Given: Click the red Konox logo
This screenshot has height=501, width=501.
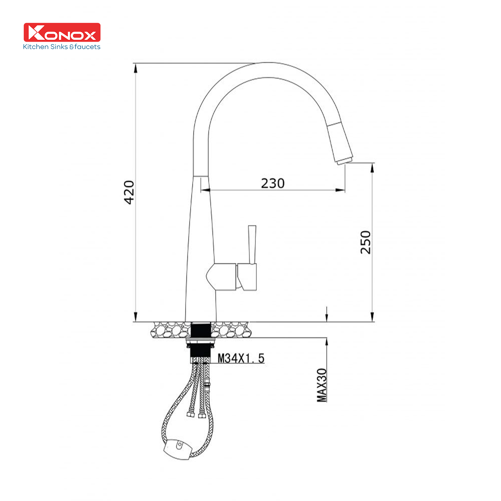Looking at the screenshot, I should (62, 32).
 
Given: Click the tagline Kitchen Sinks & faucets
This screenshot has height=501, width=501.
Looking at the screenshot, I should (62, 47).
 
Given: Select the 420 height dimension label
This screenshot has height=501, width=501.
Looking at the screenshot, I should (129, 192).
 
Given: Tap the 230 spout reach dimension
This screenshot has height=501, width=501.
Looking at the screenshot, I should (273, 183).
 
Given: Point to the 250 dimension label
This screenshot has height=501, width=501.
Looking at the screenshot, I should (365, 242).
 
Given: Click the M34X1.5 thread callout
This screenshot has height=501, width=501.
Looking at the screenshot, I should (241, 358).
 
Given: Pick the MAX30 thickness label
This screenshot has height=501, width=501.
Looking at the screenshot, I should (322, 385).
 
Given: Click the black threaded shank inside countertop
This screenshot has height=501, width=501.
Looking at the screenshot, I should (201, 330).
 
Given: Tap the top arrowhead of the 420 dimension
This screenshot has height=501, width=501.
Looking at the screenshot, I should (136, 68).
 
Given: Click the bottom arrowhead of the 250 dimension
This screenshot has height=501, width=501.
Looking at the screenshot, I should (372, 317).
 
